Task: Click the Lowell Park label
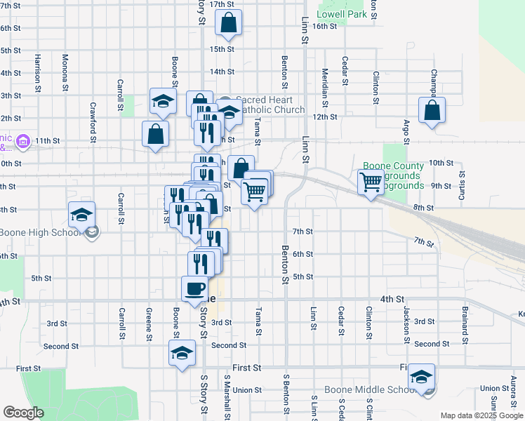[342, 14]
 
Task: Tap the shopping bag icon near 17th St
[229, 24]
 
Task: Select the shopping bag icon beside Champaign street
[432, 111]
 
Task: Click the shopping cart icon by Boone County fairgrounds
[371, 182]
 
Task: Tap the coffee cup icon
[194, 289]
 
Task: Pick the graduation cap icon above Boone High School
[81, 215]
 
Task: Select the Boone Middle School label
[366, 390]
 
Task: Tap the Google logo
[23, 413]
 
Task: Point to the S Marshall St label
[227, 394]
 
